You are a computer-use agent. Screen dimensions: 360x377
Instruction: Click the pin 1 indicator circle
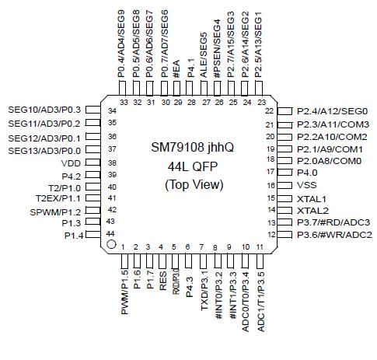click(x=111, y=246)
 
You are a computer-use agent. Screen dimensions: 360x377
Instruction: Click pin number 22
click(x=270, y=111)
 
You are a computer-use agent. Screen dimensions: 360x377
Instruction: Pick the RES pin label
click(x=162, y=280)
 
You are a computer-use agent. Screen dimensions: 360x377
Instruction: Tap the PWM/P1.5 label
click(x=124, y=292)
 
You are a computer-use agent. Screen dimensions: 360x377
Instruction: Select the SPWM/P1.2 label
click(x=56, y=212)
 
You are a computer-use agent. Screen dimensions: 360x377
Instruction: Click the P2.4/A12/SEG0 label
click(x=332, y=112)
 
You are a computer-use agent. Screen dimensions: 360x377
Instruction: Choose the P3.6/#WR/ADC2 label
click(x=335, y=234)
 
